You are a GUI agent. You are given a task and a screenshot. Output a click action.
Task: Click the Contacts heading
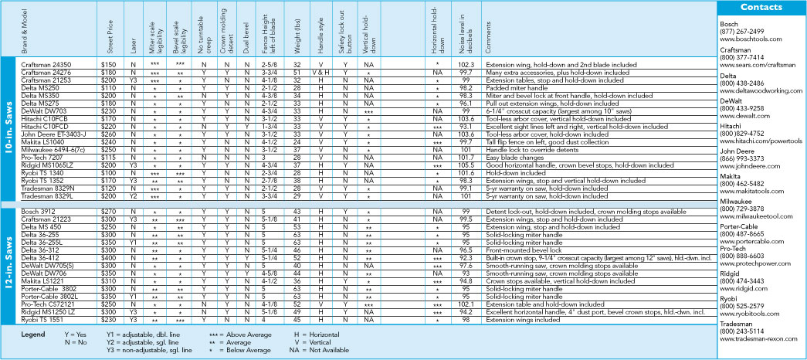(762, 7)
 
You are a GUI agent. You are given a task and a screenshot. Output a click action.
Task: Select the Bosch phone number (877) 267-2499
(744, 32)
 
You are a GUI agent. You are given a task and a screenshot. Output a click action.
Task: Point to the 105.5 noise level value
(466, 165)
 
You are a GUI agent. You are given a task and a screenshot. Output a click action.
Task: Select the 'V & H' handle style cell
(320, 71)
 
